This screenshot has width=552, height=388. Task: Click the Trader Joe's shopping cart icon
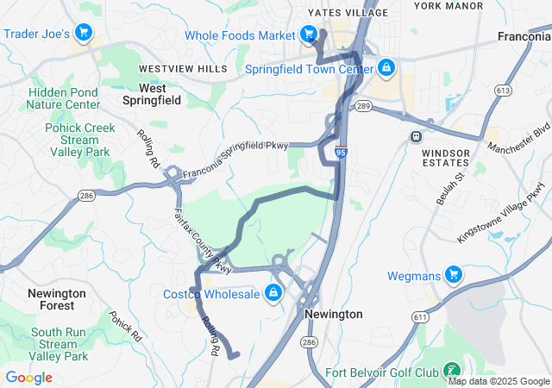(x=84, y=34)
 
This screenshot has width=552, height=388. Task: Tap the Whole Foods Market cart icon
(x=308, y=35)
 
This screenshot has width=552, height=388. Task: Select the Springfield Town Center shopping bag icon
(x=386, y=68)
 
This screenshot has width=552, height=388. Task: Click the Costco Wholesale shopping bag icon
(x=273, y=294)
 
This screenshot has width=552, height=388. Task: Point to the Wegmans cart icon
(x=454, y=276)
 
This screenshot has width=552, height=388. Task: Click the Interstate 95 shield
(x=342, y=151)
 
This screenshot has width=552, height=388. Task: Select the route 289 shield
(x=363, y=106)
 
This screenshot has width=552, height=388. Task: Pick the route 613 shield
(x=502, y=90)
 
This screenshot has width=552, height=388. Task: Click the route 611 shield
(x=420, y=317)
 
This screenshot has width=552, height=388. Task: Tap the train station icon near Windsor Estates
(x=417, y=136)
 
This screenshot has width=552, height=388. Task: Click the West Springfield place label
(x=153, y=94)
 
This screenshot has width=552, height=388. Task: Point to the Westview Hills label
(x=184, y=68)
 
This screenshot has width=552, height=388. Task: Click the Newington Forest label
(x=57, y=299)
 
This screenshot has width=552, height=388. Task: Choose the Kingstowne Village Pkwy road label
(x=502, y=211)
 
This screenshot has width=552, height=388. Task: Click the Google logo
(x=28, y=378)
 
